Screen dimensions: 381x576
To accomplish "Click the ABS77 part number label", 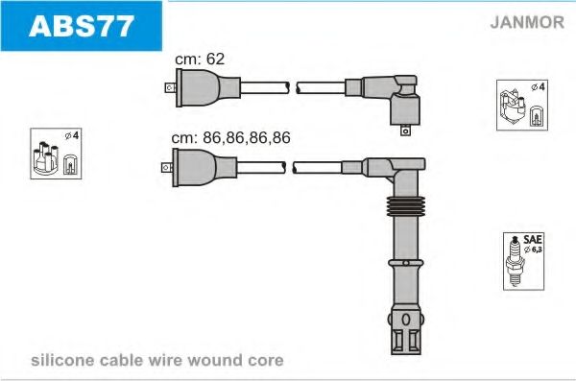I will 82,26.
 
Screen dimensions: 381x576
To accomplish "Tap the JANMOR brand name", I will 526,23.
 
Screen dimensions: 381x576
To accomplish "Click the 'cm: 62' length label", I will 200,60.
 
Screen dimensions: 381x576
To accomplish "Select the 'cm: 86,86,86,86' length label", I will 230,137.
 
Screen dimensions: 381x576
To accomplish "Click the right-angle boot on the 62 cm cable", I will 396,96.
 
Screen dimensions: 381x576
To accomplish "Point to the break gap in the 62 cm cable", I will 291,87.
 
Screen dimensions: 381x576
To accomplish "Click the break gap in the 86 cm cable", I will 288,166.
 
